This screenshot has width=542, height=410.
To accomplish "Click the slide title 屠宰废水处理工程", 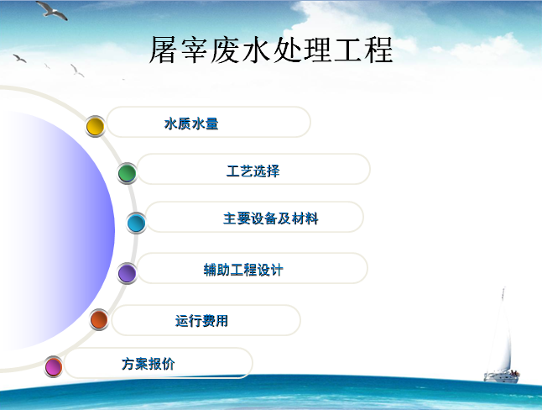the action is [271, 50].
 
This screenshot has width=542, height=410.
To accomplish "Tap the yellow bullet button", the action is [95, 126].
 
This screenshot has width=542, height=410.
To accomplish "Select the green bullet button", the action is [127, 173].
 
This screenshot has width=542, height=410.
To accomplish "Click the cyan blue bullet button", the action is [136, 223].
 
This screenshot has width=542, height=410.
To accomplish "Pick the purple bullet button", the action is [127, 273].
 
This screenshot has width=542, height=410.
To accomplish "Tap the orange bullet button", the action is [99, 319].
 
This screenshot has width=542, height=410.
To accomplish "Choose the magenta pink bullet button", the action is [54, 366].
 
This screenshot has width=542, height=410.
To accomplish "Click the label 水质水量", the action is [191, 124].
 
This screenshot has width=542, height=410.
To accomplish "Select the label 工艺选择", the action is [253, 171].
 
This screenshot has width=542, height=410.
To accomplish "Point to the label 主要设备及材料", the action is [271, 218].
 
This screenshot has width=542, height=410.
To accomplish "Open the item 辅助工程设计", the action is [243, 270].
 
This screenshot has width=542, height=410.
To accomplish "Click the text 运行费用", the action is [201, 321].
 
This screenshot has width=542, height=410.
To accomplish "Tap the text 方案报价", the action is [148, 364].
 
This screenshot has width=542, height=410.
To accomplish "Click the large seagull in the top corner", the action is [52, 10].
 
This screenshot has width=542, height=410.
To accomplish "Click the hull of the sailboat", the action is [502, 378].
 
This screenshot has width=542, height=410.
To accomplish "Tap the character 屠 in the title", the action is [164, 50].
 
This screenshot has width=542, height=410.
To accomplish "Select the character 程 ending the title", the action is [379, 50].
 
